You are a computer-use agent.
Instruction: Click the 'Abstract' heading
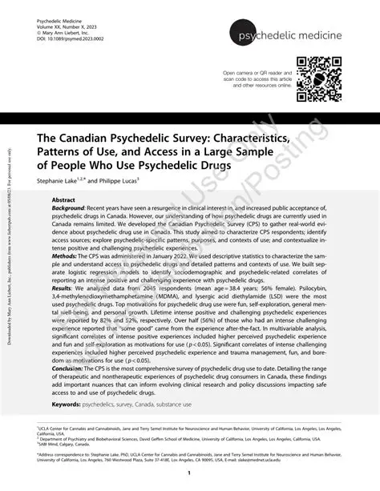pyautogui.click(x=63, y=198)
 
